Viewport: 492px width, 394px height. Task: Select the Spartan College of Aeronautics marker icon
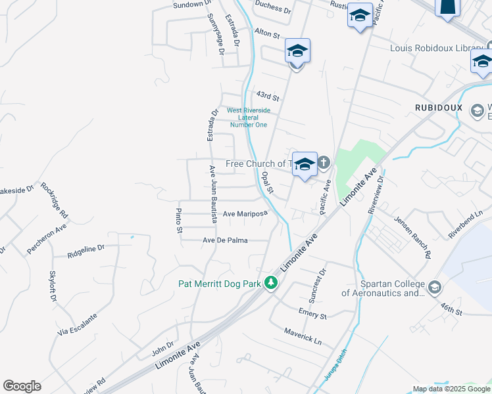pyautogui.click(x=434, y=287)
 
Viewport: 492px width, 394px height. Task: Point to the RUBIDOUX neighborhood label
pyautogui.click(x=439, y=107)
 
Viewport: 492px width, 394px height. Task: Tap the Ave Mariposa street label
pyautogui.click(x=245, y=214)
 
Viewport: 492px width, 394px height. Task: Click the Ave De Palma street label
pyautogui.click(x=225, y=240)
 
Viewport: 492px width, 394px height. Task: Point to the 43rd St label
pyautogui.click(x=268, y=95)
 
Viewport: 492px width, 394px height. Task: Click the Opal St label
pyautogui.click(x=267, y=183)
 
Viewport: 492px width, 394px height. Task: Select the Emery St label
pyautogui.click(x=312, y=315)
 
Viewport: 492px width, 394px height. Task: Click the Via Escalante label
pyautogui.click(x=78, y=324)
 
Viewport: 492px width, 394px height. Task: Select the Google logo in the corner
pyautogui.click(x=22, y=386)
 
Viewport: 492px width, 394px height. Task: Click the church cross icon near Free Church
pyautogui.click(x=323, y=162)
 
